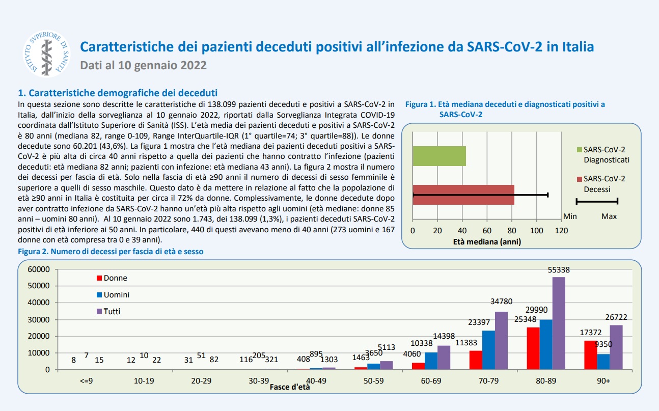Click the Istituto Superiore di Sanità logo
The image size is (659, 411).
46,53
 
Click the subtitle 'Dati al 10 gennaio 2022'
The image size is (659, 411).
143,65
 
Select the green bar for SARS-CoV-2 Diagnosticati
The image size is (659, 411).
439,156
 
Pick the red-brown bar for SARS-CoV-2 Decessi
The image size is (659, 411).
463,195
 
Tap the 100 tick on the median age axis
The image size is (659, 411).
536,230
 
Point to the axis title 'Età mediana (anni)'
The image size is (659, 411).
487,242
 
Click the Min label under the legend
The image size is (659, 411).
570,216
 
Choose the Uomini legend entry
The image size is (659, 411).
113,295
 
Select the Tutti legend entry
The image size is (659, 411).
108,311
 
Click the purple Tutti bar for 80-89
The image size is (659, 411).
559,323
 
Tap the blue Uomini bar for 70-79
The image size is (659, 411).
488,350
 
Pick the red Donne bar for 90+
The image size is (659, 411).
590,355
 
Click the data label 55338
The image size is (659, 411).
559,270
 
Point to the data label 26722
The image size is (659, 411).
616,317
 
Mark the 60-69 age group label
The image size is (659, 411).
431,381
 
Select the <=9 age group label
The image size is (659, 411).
86,381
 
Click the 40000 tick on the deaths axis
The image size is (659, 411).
39,303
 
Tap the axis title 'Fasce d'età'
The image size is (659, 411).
290,387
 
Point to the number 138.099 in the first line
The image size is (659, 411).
222,104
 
